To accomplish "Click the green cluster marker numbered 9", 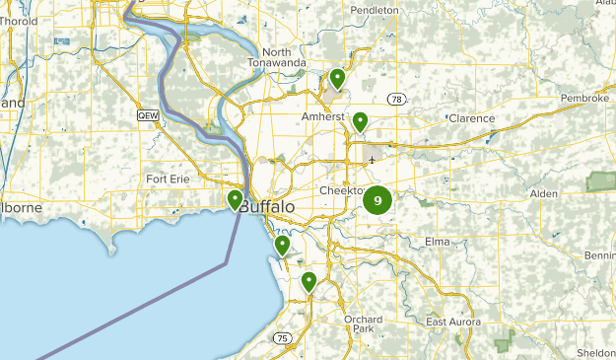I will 377,201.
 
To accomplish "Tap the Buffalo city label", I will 266,207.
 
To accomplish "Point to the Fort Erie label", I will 168,179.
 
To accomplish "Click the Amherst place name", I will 322,116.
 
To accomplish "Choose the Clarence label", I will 471,118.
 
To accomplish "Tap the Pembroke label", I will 586,99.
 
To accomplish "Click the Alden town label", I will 543,193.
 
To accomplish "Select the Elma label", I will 437,241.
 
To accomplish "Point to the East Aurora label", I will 453,323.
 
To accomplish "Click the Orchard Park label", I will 363,325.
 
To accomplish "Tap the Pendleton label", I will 375,10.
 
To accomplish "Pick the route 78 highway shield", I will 396,99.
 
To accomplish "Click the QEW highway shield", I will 148,115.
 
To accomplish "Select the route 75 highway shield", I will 284,337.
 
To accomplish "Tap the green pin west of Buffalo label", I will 236,200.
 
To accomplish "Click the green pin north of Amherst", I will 337,77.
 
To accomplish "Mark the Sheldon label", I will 595,351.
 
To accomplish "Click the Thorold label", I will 20,21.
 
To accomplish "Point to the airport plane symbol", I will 372,159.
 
